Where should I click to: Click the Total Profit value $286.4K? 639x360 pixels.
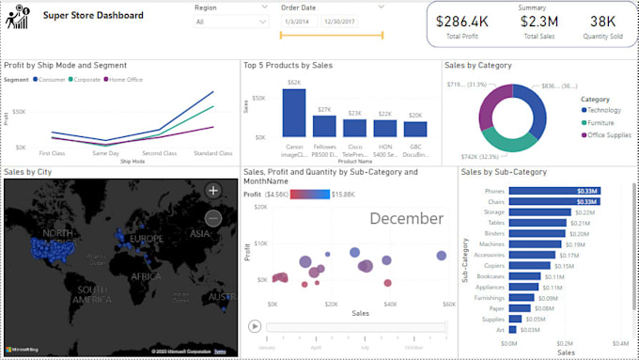(466, 20)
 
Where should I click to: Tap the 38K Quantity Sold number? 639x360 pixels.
(602, 20)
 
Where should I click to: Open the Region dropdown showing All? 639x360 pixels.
(226, 22)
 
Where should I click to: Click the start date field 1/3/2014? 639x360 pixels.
(298, 22)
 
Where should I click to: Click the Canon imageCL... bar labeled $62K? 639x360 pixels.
(294, 113)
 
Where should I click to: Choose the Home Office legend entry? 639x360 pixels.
(126, 80)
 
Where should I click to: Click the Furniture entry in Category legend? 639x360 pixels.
(600, 122)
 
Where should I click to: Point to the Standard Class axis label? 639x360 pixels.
(212, 152)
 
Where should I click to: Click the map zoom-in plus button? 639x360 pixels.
(213, 190)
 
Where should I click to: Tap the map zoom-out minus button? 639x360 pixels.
(213, 217)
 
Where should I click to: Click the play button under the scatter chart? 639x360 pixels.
(254, 326)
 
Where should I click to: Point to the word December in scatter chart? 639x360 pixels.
(406, 218)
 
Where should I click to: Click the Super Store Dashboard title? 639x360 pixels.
(94, 15)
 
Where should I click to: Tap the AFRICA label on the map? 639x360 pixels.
(145, 276)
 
